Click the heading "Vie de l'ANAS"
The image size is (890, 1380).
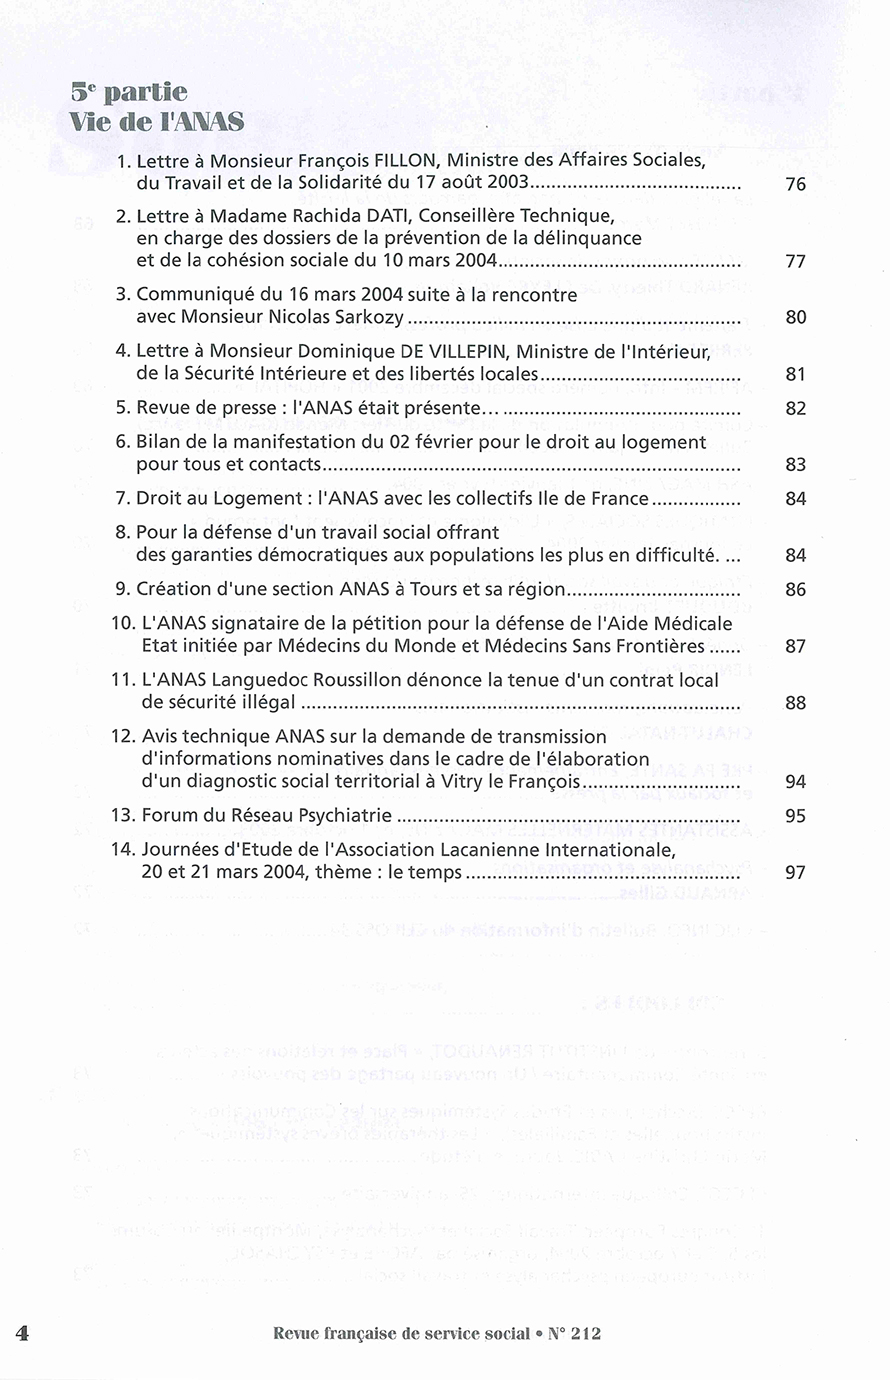[156, 122]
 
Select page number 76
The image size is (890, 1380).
[795, 185]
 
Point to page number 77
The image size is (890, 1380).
[795, 262]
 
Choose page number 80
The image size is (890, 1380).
[795, 319]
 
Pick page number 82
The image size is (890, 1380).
[795, 409]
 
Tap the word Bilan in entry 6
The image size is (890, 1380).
[157, 442]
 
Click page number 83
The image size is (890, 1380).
[795, 465]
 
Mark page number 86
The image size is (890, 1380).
[795, 589]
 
